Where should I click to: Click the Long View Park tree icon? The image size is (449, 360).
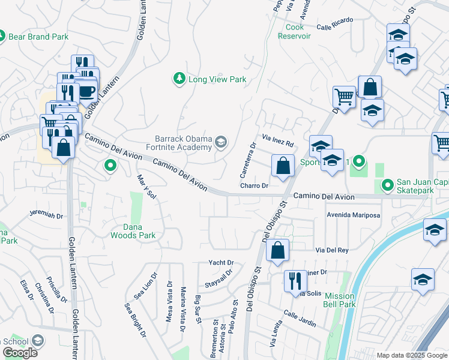pos(179,79)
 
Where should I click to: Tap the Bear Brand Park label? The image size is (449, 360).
pos(39,37)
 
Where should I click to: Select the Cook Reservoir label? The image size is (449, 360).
pos(294,31)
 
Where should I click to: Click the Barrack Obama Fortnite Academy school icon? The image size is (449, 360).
pos(221,142)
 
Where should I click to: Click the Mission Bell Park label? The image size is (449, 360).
pos(340,300)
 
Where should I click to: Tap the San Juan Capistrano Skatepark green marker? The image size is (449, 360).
pos(388,184)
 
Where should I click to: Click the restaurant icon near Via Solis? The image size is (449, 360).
pos(295,280)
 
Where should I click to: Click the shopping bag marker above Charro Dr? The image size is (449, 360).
pos(282,166)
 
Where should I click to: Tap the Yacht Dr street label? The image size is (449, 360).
pos(220,263)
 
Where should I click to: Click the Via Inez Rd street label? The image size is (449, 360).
pos(277,143)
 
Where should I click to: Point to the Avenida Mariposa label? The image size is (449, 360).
pos(354,214)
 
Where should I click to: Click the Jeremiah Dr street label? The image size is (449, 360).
pos(46,213)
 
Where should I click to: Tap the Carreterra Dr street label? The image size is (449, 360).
pos(248,160)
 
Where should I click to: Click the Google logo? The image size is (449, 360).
pos(20,353)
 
